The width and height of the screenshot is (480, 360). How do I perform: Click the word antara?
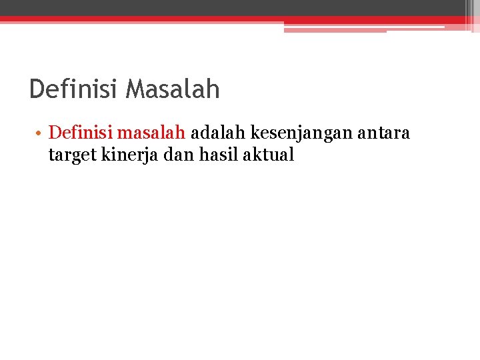click(x=385, y=133)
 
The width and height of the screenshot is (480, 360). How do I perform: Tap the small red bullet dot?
click(x=40, y=133)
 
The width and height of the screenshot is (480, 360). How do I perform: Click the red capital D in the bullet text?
click(x=55, y=133)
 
